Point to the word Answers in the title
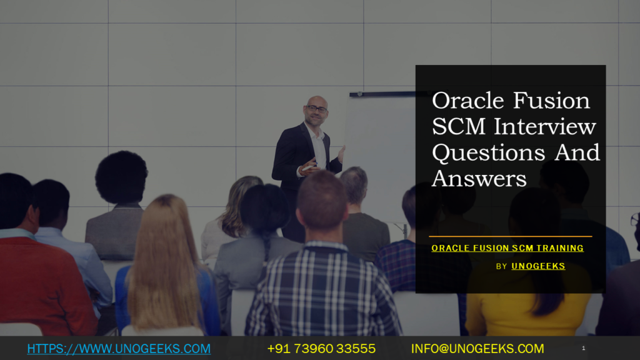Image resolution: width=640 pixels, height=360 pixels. [479, 179]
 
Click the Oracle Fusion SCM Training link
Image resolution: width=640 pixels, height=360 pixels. [507, 248]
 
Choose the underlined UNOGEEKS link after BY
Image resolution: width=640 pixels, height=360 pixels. [538, 266]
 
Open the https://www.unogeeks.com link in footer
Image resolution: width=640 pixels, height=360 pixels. [119, 349]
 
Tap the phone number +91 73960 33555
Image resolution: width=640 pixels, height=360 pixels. [321, 349]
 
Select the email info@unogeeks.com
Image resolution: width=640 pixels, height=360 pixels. [477, 349]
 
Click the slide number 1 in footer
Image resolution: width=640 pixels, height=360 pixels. [583, 348]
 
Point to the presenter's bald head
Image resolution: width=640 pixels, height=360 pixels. [317, 101]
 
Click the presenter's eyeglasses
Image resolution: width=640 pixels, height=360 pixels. [317, 109]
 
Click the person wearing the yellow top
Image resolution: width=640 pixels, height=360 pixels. [525, 306]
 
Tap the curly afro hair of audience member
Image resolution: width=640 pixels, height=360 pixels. [121, 177]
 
